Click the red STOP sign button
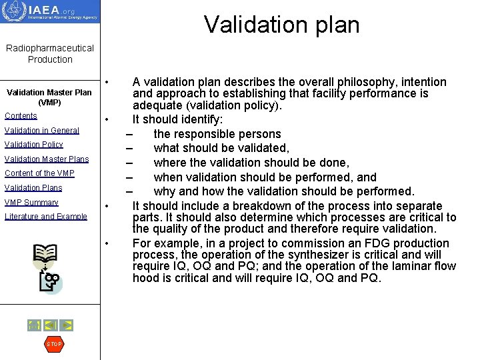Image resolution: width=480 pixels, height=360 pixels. [x=53, y=344]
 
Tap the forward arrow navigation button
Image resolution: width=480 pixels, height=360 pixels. [x=67, y=325]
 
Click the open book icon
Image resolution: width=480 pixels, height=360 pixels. [x=44, y=255]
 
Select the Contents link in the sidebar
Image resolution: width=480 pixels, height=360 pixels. [x=21, y=116]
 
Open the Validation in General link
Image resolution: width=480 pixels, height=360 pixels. [x=41, y=131]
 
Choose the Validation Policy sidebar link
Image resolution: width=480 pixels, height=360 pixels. [x=33, y=145]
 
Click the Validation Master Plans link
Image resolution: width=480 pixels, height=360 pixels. [x=47, y=159]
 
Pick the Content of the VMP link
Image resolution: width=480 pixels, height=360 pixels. [x=39, y=173]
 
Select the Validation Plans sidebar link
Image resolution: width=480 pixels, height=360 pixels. [x=33, y=188]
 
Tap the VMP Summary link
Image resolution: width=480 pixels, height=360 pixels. [x=31, y=203]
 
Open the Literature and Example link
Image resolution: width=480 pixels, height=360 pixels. [x=45, y=217]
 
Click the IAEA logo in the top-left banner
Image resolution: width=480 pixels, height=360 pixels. [x=50, y=11]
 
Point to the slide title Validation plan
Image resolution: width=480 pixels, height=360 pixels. [x=281, y=25]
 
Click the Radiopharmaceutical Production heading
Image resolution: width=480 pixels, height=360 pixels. [x=50, y=53]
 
